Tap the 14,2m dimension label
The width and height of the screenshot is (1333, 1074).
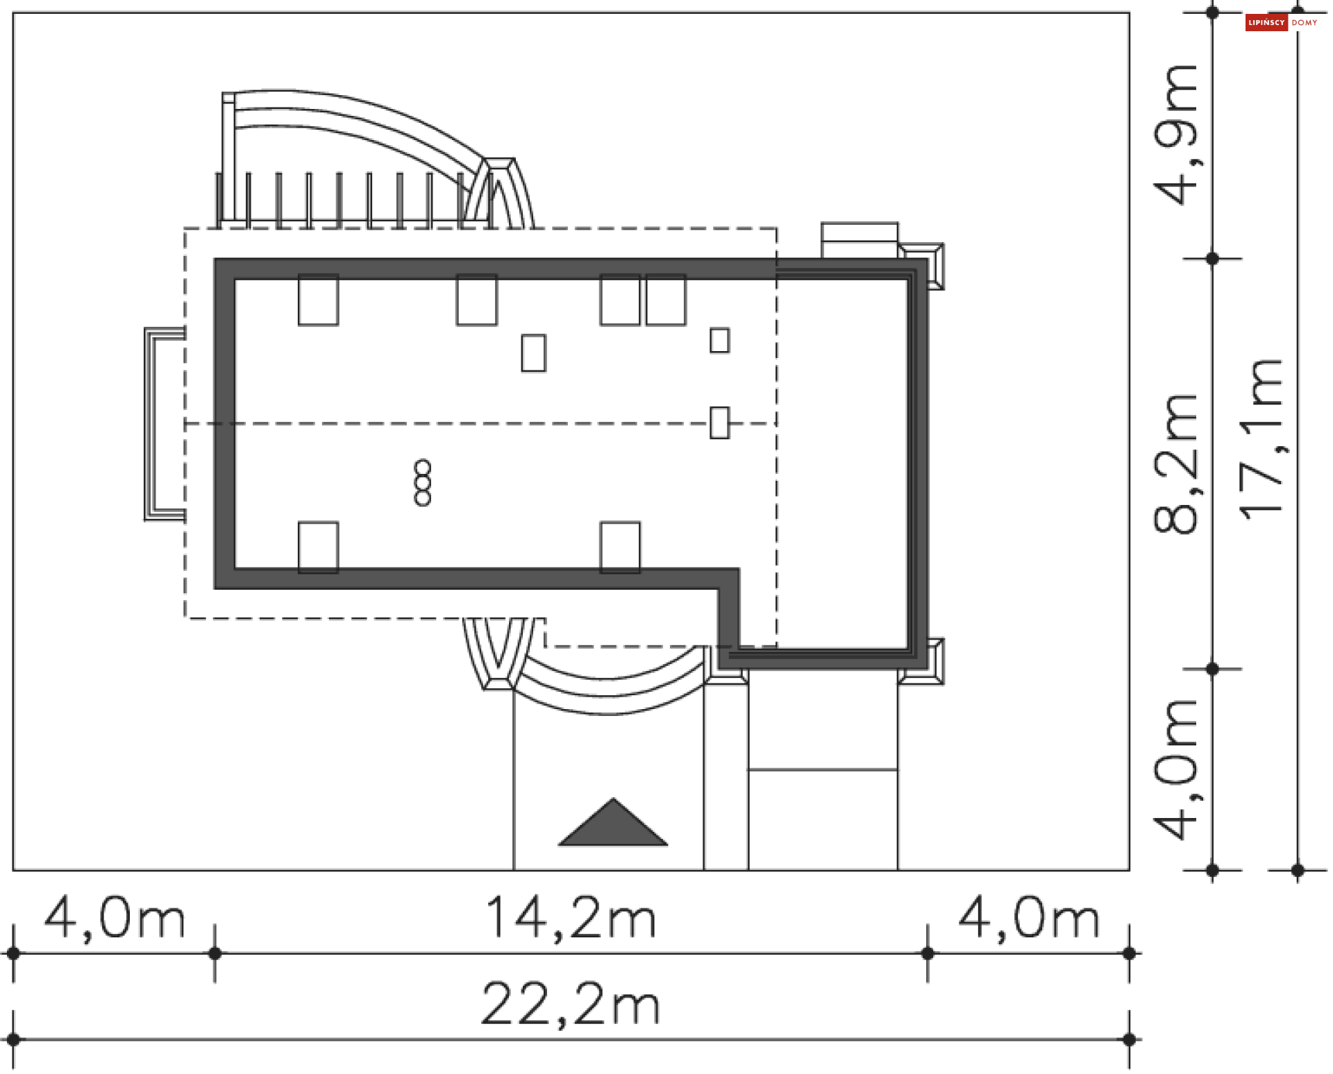[x=570, y=917]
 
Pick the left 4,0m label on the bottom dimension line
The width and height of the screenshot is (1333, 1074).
[x=115, y=917]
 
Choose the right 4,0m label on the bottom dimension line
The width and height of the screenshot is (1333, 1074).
[x=1029, y=917]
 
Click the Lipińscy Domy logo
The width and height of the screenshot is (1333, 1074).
[x=1282, y=23]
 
